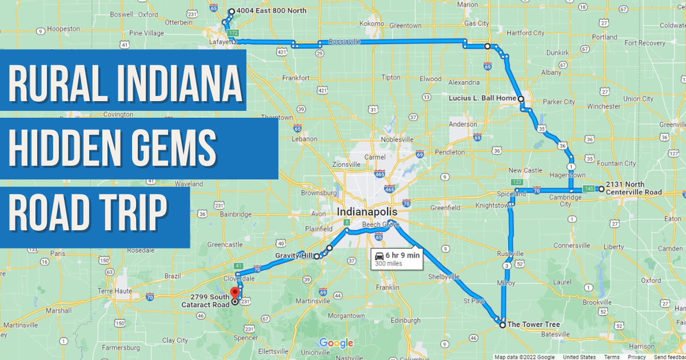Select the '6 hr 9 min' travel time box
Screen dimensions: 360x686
tap(396, 259)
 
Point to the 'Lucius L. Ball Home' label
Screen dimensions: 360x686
tap(482, 98)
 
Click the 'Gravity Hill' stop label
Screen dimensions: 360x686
tap(294, 255)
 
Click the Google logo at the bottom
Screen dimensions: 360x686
tap(336, 343)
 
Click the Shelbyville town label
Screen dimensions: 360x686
tap(444, 277)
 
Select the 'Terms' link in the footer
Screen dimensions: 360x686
tap(612, 357)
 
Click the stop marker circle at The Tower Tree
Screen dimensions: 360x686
tap(502, 325)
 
